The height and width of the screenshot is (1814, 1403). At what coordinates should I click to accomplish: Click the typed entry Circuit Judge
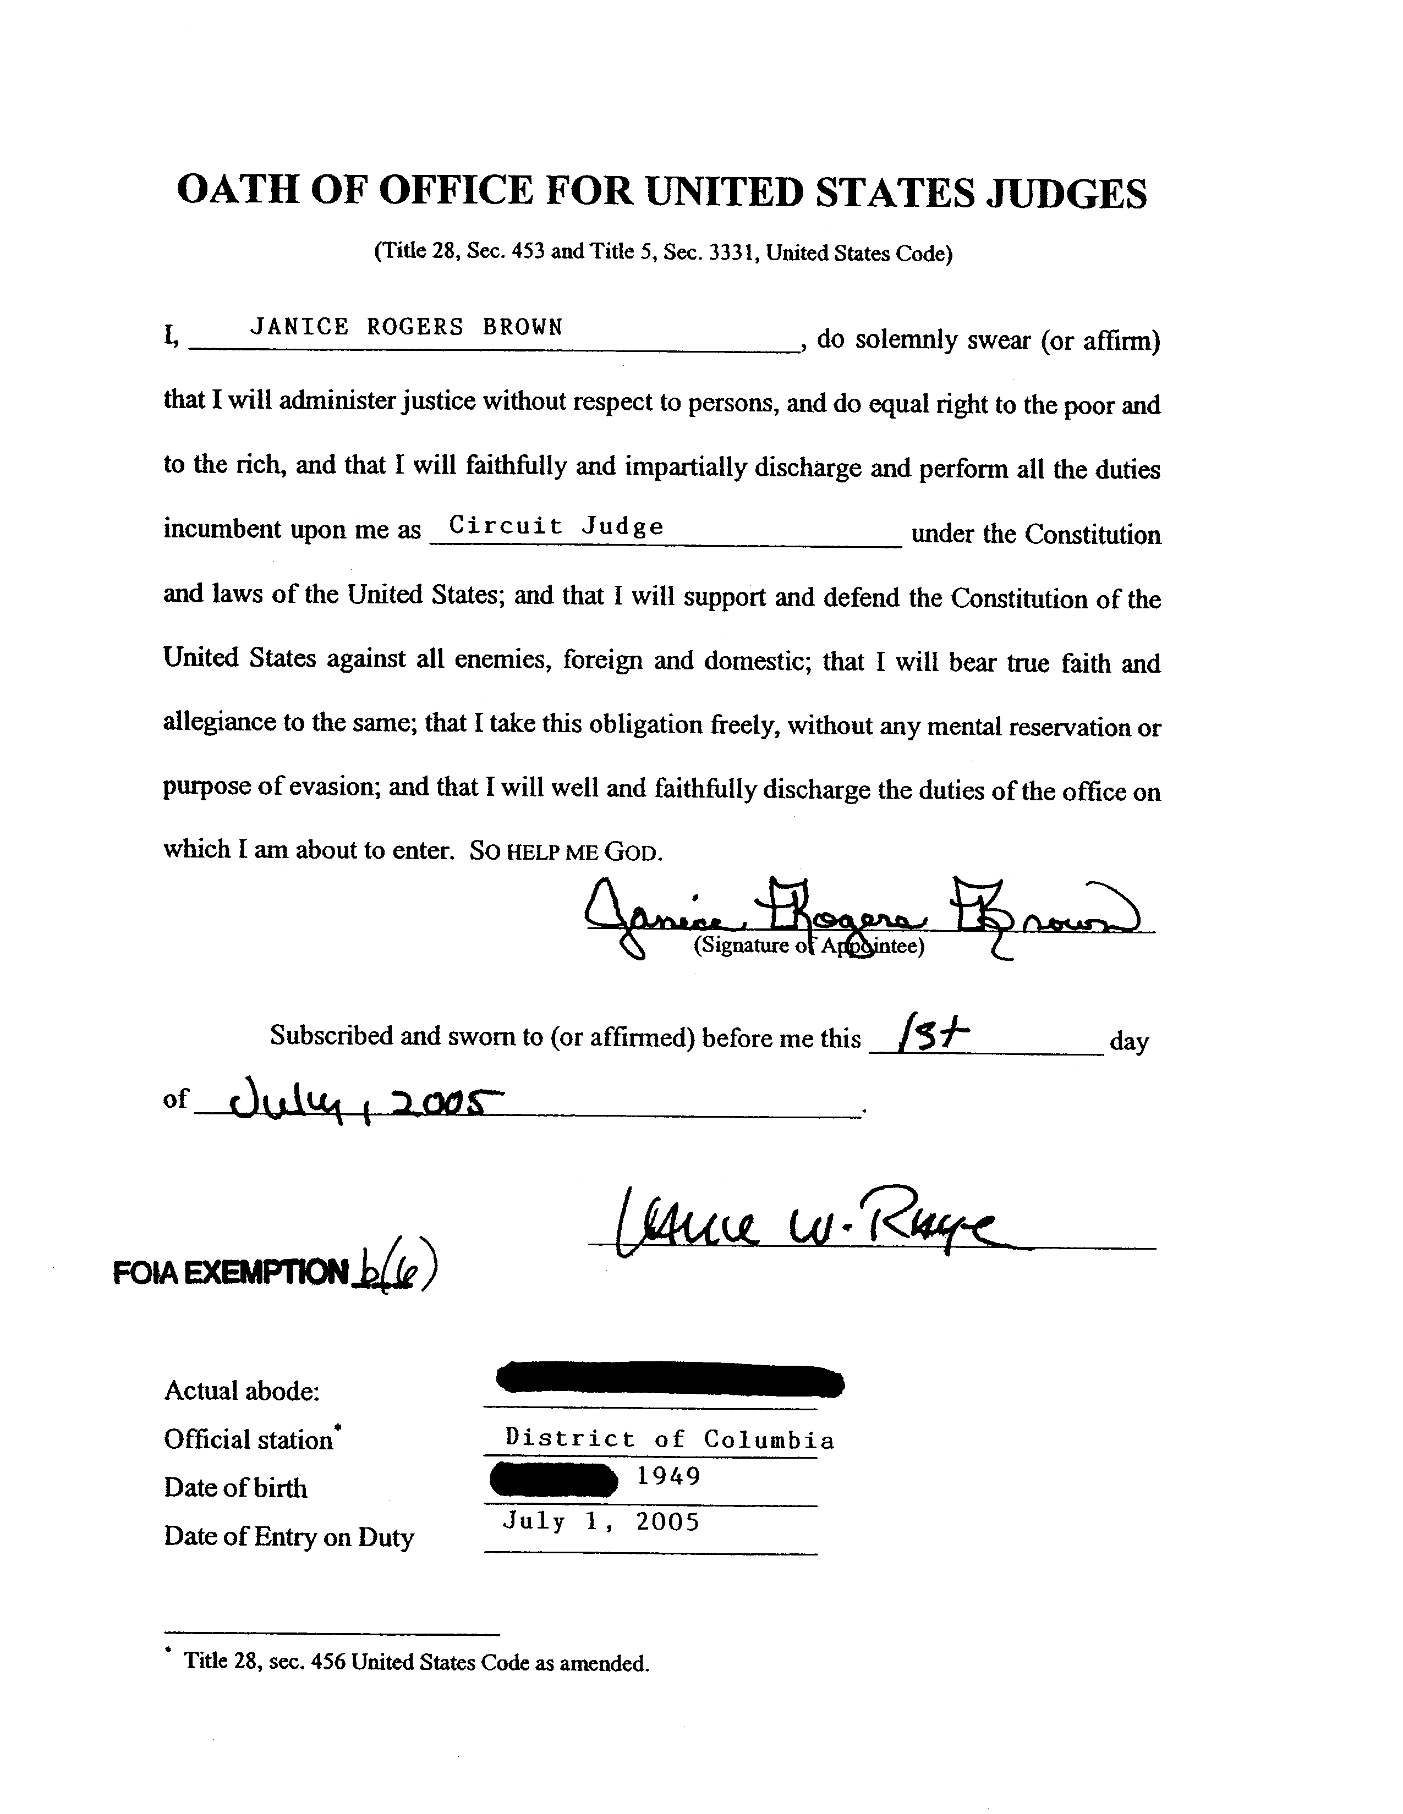(x=556, y=526)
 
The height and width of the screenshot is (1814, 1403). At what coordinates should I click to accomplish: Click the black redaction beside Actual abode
(x=670, y=1381)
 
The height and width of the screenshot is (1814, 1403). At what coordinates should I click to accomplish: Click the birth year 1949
(x=668, y=1476)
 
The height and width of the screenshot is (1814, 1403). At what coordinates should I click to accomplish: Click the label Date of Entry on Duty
(x=288, y=1537)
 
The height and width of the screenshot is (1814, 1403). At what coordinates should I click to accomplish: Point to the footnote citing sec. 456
(x=415, y=1662)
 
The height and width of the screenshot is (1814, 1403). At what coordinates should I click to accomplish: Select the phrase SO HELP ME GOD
(x=566, y=851)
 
